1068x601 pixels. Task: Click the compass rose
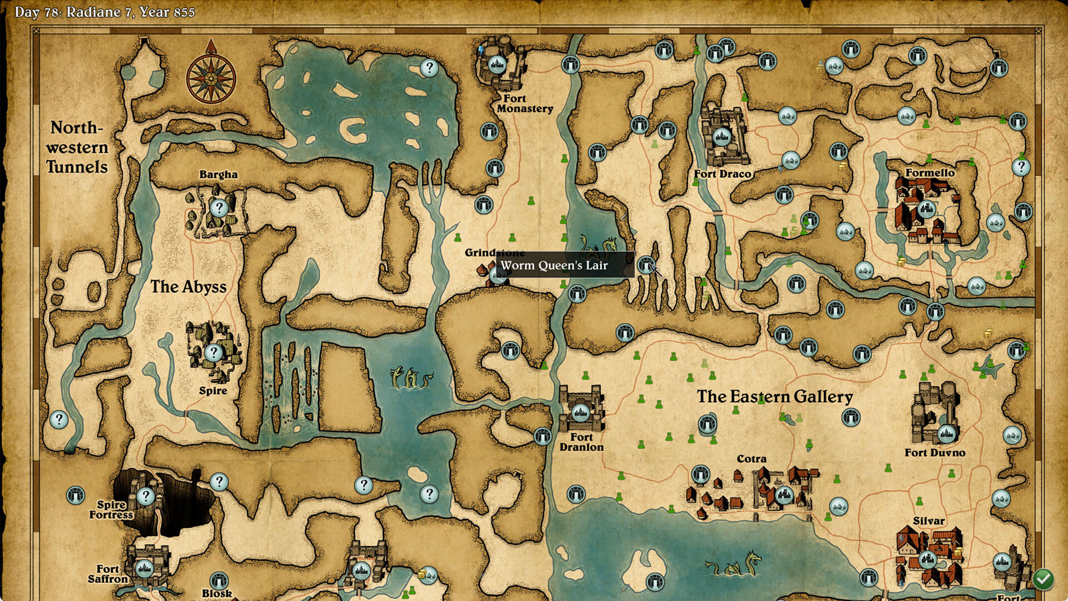pos(211,78)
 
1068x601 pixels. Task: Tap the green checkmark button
pos(1043,579)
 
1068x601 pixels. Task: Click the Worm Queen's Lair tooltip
pos(554,265)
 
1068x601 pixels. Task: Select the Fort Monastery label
pos(525,104)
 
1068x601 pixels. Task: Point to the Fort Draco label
pos(722,174)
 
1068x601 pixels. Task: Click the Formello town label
pos(929,173)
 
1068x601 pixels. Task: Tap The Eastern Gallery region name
pos(774,397)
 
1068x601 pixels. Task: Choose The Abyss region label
pos(189,287)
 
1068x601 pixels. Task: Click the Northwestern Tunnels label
pos(77,147)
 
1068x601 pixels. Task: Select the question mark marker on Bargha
pos(219,208)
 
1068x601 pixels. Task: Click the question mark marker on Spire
pos(213,352)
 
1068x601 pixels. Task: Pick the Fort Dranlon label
pos(581,442)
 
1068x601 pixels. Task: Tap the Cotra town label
pos(751,459)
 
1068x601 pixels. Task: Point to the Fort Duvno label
pos(934,453)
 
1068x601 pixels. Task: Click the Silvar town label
pos(928,521)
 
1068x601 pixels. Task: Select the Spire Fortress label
pos(111,510)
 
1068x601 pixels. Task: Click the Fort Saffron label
pos(108,574)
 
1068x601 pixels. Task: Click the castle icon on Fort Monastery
pos(497,65)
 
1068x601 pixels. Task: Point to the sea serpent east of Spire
pos(412,378)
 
